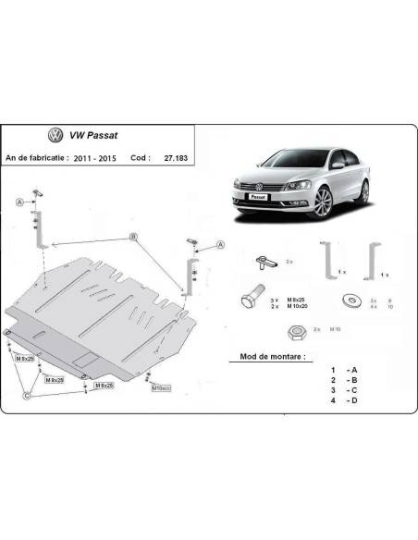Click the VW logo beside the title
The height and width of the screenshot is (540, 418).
(55, 136)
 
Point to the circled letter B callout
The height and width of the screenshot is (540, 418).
(134, 238)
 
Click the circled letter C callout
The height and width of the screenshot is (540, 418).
(27, 395)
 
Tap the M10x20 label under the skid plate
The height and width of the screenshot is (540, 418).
(163, 388)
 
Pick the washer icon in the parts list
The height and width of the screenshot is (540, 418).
(351, 301)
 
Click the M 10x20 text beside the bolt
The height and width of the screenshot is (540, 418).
(293, 309)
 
